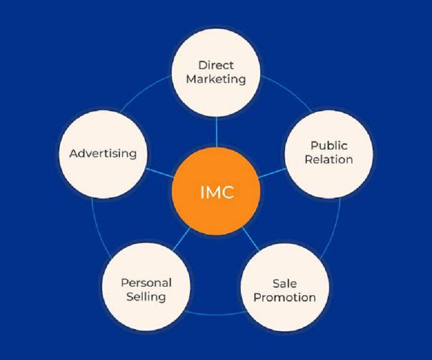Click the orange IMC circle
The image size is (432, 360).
pyautogui.click(x=216, y=191)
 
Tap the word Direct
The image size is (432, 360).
pyautogui.click(x=216, y=65)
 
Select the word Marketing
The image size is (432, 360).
pyautogui.click(x=216, y=79)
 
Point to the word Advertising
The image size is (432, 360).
pyautogui.click(x=103, y=153)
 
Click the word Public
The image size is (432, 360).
pyautogui.click(x=329, y=145)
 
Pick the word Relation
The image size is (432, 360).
pyautogui.click(x=329, y=159)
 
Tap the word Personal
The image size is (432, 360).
pyautogui.click(x=146, y=283)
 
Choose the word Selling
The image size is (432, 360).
pyautogui.click(x=146, y=297)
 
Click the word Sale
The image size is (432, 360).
pyautogui.click(x=285, y=283)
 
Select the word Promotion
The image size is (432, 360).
pyautogui.click(x=285, y=297)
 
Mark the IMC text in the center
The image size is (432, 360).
pyautogui.click(x=217, y=192)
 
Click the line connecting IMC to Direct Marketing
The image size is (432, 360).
pyautogui.click(x=217, y=132)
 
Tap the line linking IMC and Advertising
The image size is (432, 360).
pyautogui.click(x=160, y=173)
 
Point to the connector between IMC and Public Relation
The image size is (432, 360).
pyautogui.click(x=273, y=173)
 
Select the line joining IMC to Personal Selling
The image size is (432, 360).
pyautogui.click(x=181, y=239)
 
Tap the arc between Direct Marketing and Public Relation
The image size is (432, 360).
pyautogui.click(x=288, y=91)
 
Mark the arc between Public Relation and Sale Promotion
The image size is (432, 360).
pyautogui.click(x=333, y=230)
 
